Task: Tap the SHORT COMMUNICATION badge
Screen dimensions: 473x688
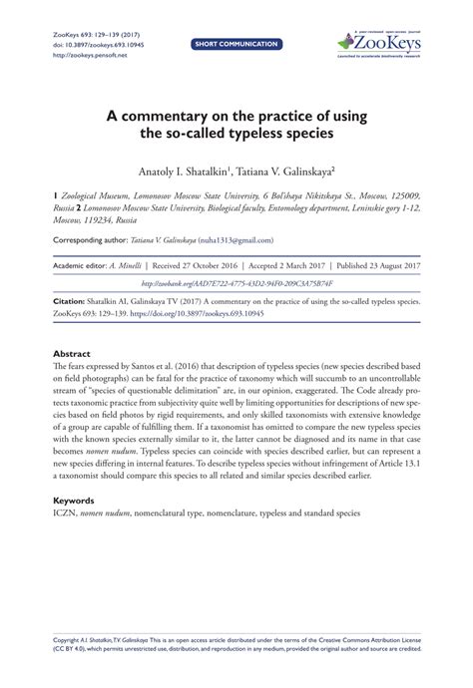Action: coord(236,45)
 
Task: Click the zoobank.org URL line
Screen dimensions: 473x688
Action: coord(236,283)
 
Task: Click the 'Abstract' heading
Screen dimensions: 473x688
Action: coord(72,354)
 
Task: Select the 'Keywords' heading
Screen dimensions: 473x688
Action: coord(75,502)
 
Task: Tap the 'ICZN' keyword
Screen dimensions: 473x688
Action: coord(63,515)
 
